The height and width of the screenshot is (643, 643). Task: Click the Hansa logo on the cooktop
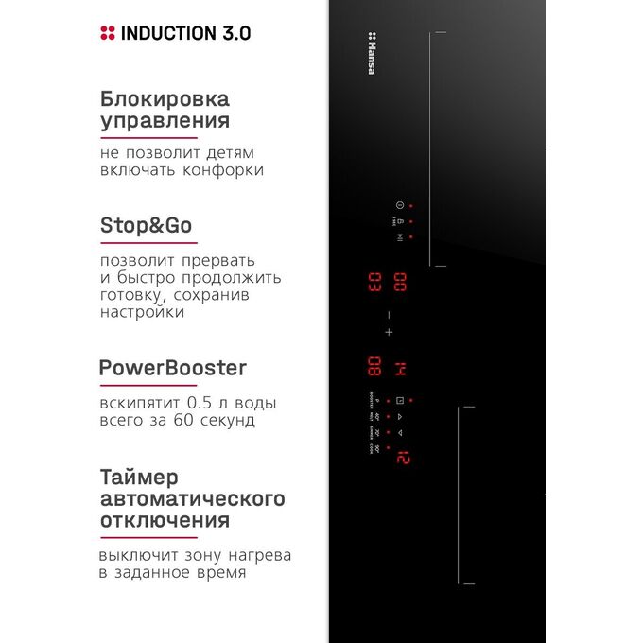pyautogui.click(x=371, y=53)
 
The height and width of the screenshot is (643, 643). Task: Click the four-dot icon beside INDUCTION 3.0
pyautogui.click(x=108, y=33)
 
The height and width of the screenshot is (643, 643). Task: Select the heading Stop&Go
pyautogui.click(x=146, y=226)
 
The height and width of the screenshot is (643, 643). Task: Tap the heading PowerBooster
pyautogui.click(x=172, y=368)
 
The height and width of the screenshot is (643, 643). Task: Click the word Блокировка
pyautogui.click(x=165, y=98)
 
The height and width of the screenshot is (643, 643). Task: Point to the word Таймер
pyautogui.click(x=139, y=477)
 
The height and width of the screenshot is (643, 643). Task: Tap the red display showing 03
pyautogui.click(x=374, y=282)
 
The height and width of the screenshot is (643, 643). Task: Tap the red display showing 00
pyautogui.click(x=400, y=282)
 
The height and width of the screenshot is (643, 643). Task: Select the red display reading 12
pyautogui.click(x=403, y=458)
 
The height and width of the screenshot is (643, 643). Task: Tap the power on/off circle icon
pyautogui.click(x=399, y=205)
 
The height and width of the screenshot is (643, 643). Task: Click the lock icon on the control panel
pyautogui.click(x=399, y=220)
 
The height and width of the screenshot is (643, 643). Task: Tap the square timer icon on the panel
pyautogui.click(x=399, y=399)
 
